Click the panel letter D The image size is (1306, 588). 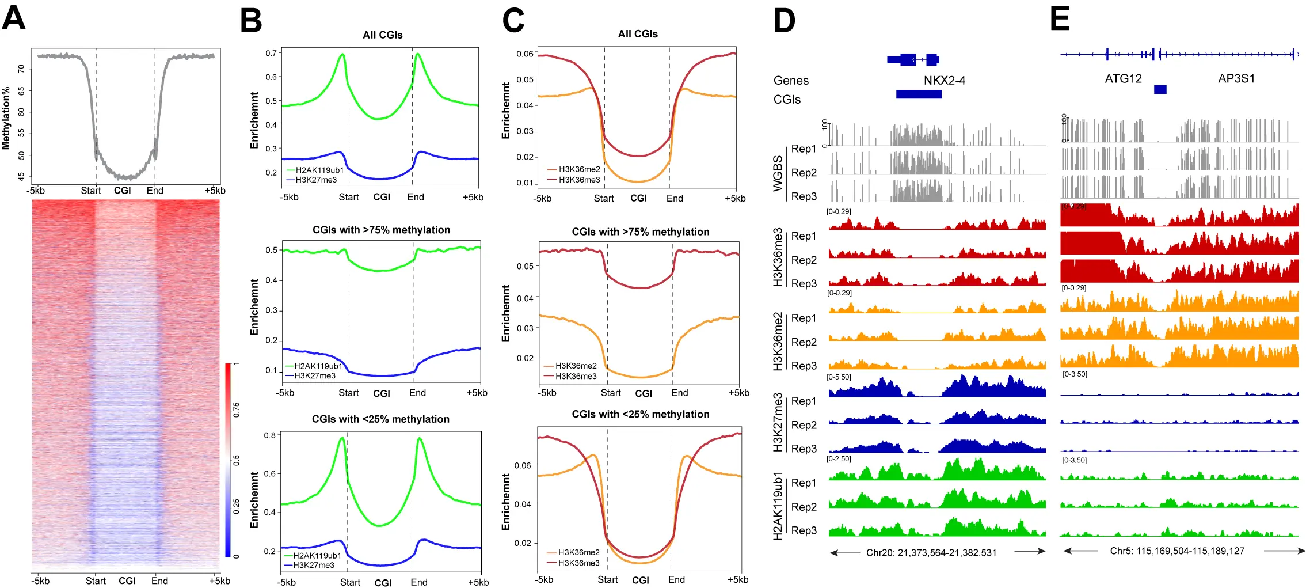click(784, 20)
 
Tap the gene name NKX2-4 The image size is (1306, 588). click(944, 81)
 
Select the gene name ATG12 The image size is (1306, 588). click(1123, 79)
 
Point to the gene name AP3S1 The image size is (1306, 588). click(1236, 79)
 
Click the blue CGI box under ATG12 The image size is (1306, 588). click(1160, 89)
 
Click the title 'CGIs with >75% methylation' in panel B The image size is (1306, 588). click(381, 230)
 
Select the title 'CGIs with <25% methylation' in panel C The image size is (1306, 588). click(640, 415)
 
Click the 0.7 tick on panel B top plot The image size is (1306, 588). click(271, 54)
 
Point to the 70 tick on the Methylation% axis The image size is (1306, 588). click(21, 69)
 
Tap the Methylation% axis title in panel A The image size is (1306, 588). click(6, 118)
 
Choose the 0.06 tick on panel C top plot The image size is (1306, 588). click(524, 54)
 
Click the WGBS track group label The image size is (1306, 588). click(778, 173)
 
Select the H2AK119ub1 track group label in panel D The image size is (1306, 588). click(778, 506)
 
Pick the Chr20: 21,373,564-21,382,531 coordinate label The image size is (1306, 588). click(931, 553)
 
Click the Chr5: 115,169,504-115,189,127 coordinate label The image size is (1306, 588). click(1177, 551)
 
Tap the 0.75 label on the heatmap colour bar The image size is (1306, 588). click(236, 409)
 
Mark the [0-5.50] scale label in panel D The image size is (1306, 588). click(839, 377)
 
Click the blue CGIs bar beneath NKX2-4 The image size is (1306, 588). click(918, 94)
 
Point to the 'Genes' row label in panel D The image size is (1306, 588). click(791, 81)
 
